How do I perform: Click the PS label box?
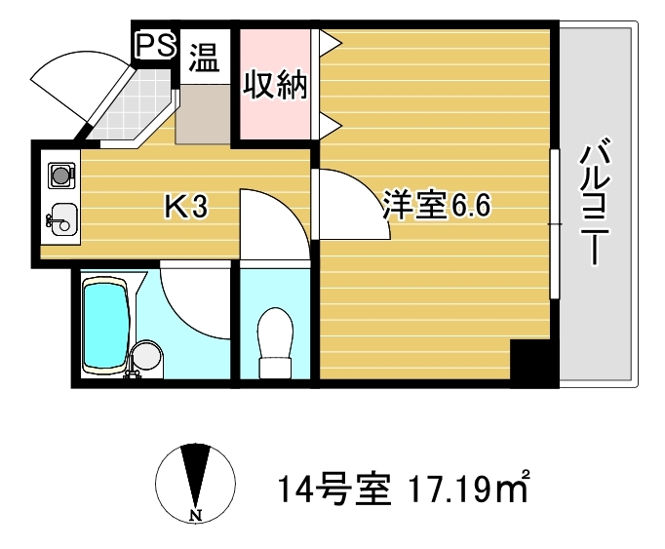155,45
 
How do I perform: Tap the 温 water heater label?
205,59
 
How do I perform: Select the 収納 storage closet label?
275,85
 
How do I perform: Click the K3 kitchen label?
186,206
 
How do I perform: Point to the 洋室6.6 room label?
437,206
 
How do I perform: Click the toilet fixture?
275,343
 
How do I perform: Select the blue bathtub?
106,326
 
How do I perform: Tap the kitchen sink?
62,219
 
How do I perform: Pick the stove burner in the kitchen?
61,175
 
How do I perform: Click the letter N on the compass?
196,516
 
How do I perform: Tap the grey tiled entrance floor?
132,106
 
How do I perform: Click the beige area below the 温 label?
203,114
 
